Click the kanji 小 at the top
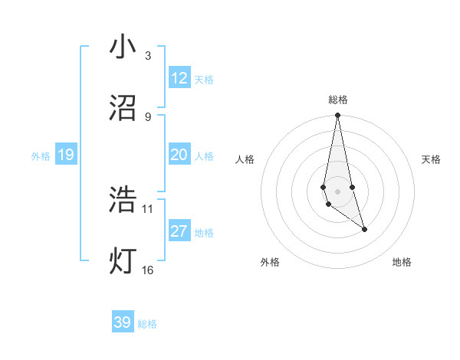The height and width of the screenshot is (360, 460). [123, 47]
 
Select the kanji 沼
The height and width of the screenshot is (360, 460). [123, 108]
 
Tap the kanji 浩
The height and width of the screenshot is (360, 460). [123, 200]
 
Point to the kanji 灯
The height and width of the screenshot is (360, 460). [123, 260]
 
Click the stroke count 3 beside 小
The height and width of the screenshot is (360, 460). [147, 56]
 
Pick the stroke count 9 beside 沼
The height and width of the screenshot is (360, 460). [147, 116]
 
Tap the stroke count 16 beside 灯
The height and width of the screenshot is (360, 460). [148, 269]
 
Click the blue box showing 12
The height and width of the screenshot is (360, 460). [179, 78]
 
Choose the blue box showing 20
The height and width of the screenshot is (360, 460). [179, 155]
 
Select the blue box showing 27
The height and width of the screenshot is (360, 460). [179, 231]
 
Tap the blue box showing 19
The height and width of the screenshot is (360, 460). [65, 155]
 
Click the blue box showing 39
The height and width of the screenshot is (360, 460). [122, 322]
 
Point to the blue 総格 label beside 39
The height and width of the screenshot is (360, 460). [147, 324]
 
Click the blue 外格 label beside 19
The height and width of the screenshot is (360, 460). [41, 156]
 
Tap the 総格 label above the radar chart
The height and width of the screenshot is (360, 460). [337, 100]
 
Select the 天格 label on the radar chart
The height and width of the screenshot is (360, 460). [432, 159]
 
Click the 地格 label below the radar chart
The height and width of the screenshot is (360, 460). [402, 262]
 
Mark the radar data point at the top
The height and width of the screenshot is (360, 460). [337, 116]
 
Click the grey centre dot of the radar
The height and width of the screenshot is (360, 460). [337, 191]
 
